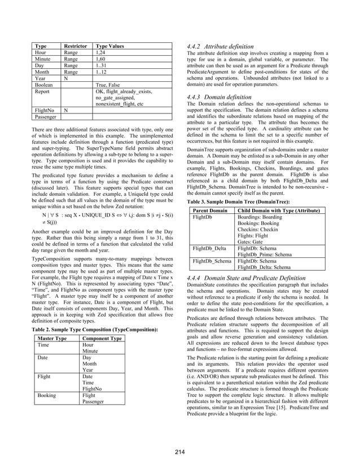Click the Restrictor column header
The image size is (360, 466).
pos(74,46)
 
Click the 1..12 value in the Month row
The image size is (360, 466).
pos(102,72)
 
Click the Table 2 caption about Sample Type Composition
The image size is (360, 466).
pos(93,329)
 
